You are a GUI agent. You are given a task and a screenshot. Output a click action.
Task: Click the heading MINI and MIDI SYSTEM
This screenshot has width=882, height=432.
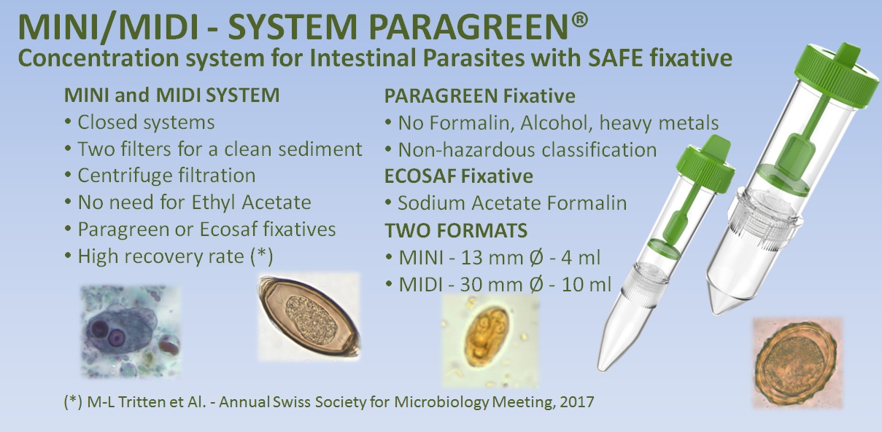tap(172, 95)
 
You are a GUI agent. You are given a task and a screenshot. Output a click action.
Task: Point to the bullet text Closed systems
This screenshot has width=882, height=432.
tap(146, 122)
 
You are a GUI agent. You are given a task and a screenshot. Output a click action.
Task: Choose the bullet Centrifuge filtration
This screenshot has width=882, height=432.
tap(166, 176)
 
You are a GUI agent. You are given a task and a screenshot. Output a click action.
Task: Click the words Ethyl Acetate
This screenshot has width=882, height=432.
tap(251, 203)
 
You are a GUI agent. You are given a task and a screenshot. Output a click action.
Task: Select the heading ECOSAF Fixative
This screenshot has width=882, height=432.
tap(459, 176)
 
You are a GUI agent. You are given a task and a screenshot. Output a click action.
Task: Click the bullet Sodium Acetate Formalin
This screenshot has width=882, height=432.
tap(512, 203)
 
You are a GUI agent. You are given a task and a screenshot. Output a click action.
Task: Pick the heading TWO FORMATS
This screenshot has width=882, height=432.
tap(456, 230)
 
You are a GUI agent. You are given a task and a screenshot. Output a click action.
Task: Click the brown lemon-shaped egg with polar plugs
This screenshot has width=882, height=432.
tap(309, 317)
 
